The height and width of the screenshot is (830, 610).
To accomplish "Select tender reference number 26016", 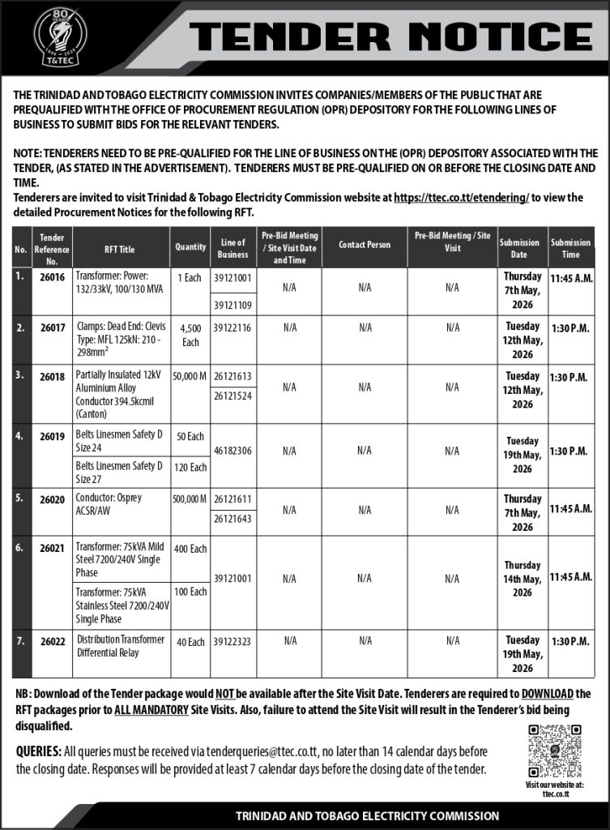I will pyautogui.click(x=53, y=277).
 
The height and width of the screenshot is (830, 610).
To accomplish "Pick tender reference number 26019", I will pyautogui.click(x=53, y=435).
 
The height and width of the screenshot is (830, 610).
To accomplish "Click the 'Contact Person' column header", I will pyautogui.click(x=365, y=245).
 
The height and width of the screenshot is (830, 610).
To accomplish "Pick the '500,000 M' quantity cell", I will pyautogui.click(x=190, y=500).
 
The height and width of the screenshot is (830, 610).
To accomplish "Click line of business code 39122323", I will pyautogui.click(x=232, y=641).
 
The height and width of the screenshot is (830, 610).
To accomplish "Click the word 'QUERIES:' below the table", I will pyautogui.click(x=38, y=751).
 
